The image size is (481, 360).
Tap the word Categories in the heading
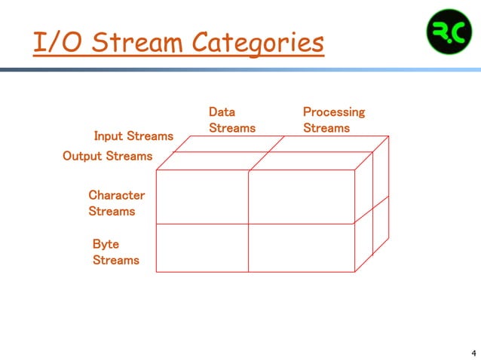pyautogui.click(x=260, y=43)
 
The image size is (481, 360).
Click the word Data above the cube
pyautogui.click(x=222, y=112)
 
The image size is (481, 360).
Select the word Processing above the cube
pyautogui.click(x=333, y=112)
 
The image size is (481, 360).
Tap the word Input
pyautogui.click(x=108, y=136)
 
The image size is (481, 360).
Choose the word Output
pyautogui.click(x=81, y=157)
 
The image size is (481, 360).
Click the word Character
pyautogui.click(x=116, y=195)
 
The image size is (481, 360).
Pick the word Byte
pyautogui.click(x=106, y=244)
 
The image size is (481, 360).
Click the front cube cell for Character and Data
pyautogui.click(x=201, y=197)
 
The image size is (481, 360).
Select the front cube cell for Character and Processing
pyautogui.click(x=301, y=197)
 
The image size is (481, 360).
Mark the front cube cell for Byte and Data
pyautogui.click(x=201, y=248)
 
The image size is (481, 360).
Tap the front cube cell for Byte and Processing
pyautogui.click(x=301, y=248)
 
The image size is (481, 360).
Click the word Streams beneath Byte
pyautogui.click(x=115, y=261)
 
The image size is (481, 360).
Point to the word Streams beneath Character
pyautogui.click(x=112, y=212)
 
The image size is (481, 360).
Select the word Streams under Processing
pyautogui.click(x=326, y=128)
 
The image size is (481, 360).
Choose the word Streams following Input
pyautogui.click(x=149, y=136)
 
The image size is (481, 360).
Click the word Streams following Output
pyautogui.click(x=128, y=157)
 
